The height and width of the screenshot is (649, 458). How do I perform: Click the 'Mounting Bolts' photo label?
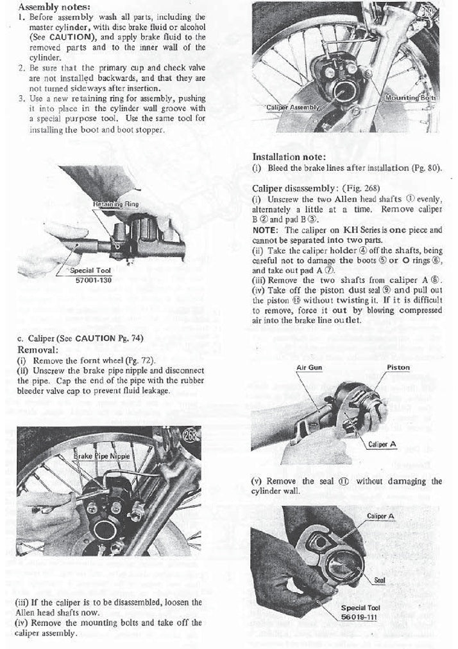pos(411,98)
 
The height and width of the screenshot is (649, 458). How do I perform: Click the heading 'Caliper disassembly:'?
pos(295,188)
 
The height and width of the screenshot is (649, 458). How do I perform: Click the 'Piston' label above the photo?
pos(398,368)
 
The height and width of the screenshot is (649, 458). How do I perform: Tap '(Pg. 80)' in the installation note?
pos(425,168)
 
